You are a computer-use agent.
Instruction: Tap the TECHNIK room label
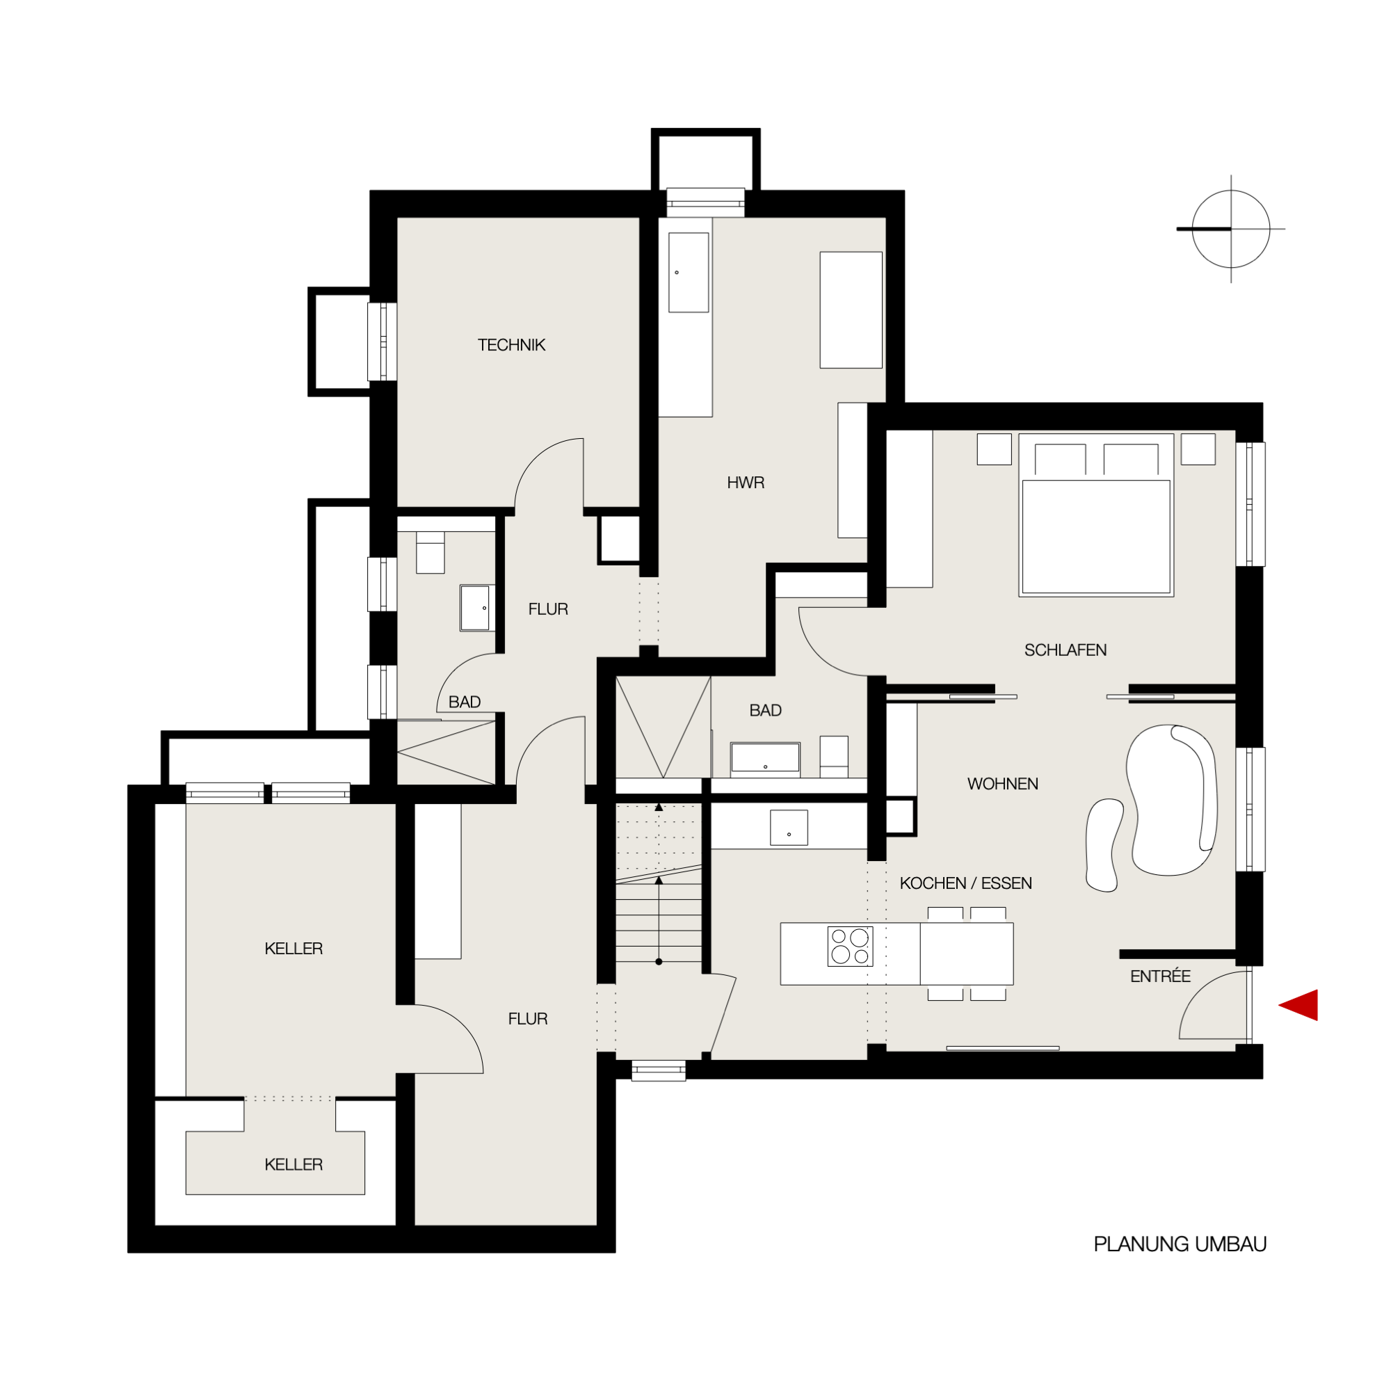511,345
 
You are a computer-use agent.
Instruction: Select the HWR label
745,483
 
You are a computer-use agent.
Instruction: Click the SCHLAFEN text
1066,650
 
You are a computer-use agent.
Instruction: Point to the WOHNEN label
1003,784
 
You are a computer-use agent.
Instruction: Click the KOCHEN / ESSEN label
965,883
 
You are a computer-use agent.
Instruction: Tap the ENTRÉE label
1160,976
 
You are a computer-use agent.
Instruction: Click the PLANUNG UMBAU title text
1180,1244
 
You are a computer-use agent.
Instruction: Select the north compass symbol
1230,229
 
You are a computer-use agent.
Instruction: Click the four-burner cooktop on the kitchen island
851,946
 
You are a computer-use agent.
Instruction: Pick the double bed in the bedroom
1096,515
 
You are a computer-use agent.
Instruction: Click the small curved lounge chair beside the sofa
1104,845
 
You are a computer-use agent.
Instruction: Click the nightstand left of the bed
995,449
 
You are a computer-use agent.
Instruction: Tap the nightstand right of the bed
1198,449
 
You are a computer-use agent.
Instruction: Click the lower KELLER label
294,1164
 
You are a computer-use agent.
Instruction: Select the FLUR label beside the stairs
528,1019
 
